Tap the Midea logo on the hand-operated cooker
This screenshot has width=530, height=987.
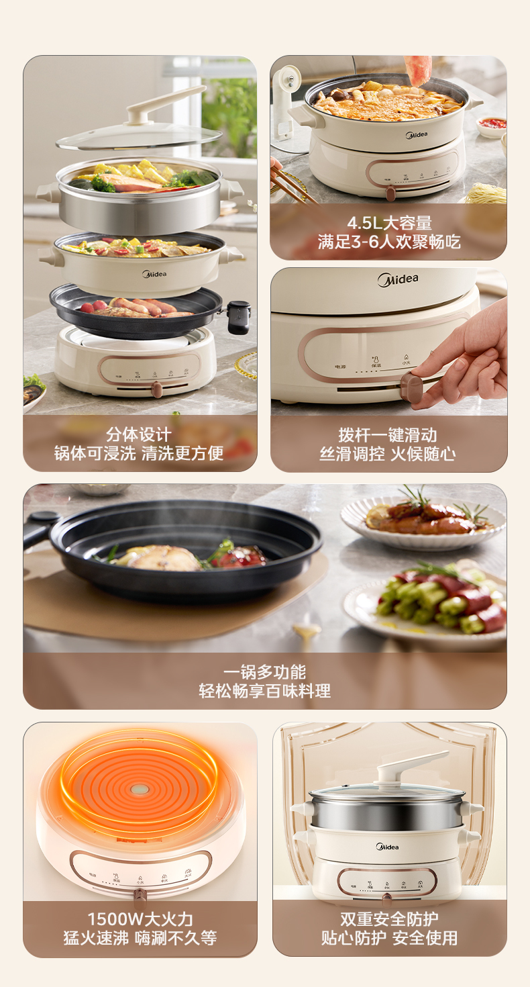click(x=397, y=279)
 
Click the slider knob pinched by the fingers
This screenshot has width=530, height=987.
click(x=411, y=387)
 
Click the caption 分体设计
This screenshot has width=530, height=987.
click(x=139, y=434)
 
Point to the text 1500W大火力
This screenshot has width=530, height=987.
click(x=140, y=919)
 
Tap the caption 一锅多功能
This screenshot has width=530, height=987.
click(x=264, y=672)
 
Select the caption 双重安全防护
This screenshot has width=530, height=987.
click(x=389, y=919)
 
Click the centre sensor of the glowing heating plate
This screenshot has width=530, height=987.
click(x=140, y=789)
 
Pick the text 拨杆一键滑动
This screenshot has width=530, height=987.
click(x=387, y=434)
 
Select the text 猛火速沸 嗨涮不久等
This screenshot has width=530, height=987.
click(x=140, y=938)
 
